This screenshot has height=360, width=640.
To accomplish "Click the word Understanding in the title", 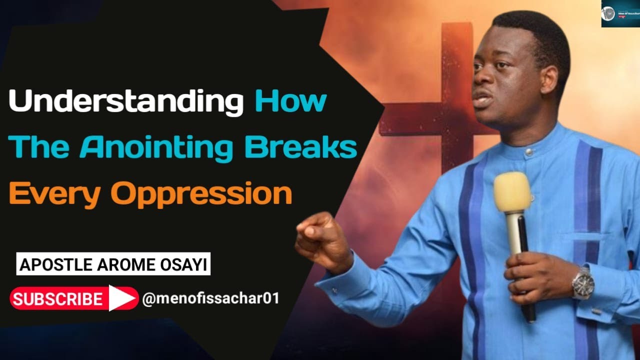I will pos(125,101).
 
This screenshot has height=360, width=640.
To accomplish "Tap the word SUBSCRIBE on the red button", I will pos(57,298).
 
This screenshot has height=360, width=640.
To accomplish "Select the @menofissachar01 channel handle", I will pos(210,298).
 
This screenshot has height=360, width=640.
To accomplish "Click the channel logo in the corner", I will pos(620,13).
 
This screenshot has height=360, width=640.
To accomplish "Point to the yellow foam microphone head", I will pos(512,193).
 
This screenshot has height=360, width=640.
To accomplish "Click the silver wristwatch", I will pos(583,282).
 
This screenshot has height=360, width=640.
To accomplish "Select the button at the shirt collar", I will pos(528,152).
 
